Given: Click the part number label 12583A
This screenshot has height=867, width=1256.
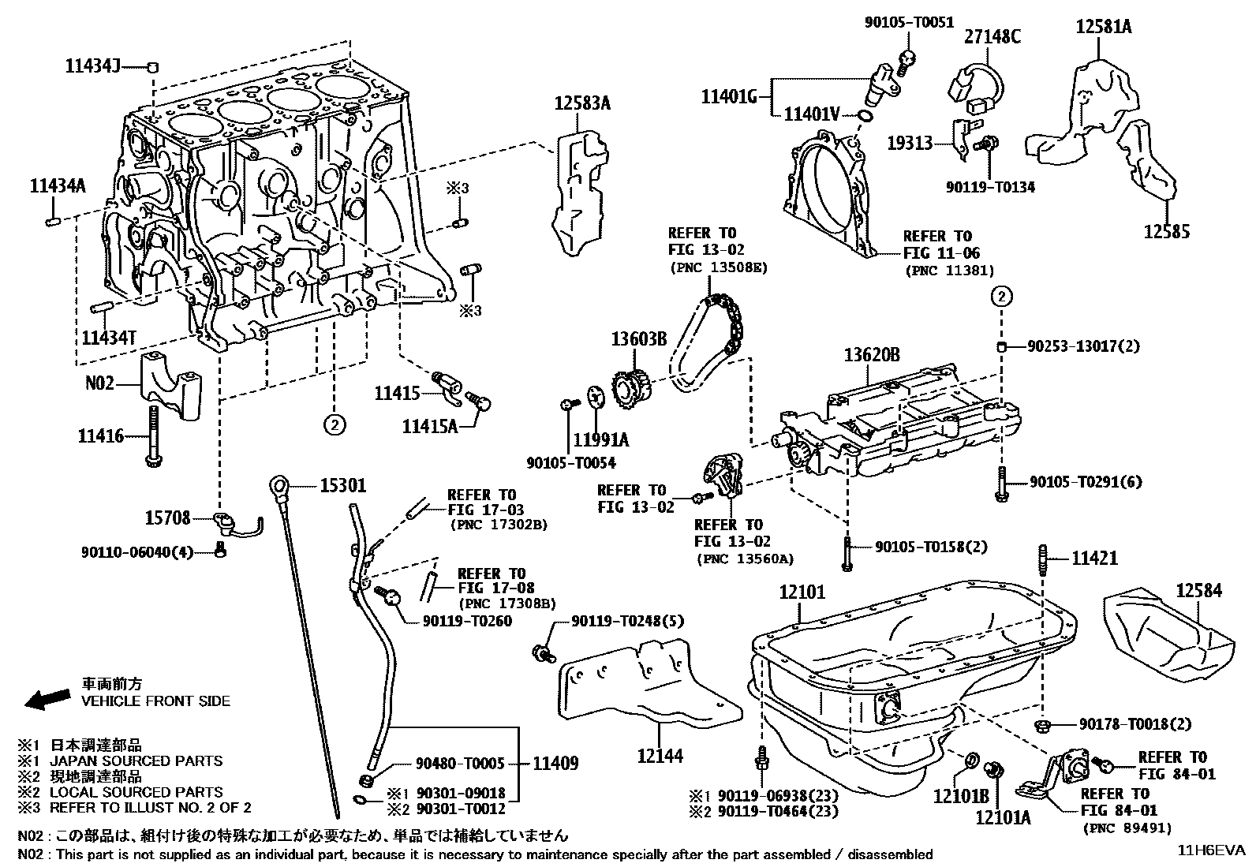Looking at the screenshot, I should [x=582, y=103].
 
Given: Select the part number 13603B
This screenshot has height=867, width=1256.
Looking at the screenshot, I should [x=638, y=339].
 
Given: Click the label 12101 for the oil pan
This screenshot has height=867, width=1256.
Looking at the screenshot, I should [x=802, y=592].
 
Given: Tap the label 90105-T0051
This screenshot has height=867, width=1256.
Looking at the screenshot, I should [x=909, y=23].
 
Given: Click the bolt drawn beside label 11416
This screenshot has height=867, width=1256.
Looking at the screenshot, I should [x=151, y=436].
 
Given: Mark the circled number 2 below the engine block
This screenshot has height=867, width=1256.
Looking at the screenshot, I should [x=335, y=425].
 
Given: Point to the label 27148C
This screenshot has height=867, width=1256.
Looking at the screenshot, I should [x=992, y=36].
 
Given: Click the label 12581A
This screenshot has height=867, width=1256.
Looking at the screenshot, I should [x=1104, y=27].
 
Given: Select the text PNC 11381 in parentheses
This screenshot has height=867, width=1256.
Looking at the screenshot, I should [x=949, y=271].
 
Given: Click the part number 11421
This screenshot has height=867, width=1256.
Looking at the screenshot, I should [x=1094, y=559].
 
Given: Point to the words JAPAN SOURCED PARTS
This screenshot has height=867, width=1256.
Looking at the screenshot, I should [x=136, y=761].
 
